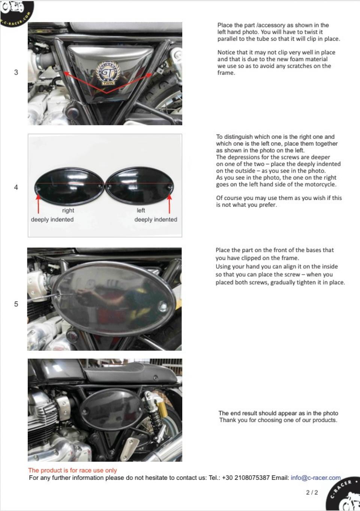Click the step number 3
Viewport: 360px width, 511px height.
click(16, 72)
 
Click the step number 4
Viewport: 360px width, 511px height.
click(16, 187)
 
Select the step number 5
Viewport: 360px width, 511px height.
click(16, 304)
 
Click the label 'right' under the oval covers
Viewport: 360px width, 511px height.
click(68, 210)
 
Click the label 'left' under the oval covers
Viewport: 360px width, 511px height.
click(141, 210)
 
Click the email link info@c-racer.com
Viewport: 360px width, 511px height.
click(315, 478)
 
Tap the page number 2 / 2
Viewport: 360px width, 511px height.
click(312, 492)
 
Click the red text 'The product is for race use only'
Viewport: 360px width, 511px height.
click(72, 470)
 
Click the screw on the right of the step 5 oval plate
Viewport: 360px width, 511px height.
click(163, 307)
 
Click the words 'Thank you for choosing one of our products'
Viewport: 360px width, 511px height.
click(278, 420)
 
